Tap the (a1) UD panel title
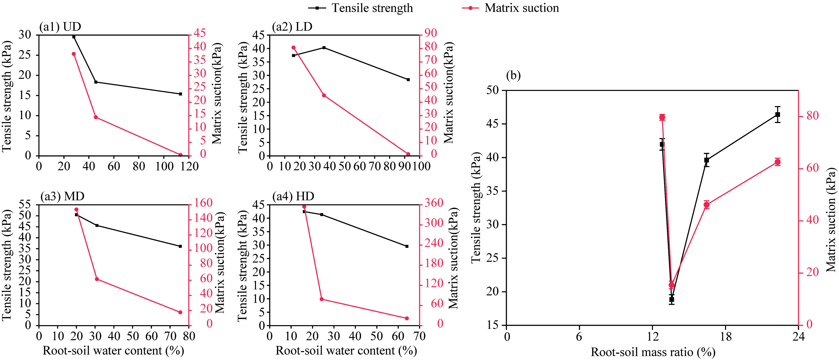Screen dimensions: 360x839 coord(60,27)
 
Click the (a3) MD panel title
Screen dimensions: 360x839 coord(62,196)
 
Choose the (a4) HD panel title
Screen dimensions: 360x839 coord(293,196)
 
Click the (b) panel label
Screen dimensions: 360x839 coord(514,76)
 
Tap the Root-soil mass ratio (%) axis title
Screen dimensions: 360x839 coord(653,352)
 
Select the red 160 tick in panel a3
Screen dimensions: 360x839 coord(203,203)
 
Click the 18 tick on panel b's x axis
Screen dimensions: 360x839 coord(726,336)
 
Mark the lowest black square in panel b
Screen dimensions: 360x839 coord(672,299)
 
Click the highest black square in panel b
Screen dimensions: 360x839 coord(778,115)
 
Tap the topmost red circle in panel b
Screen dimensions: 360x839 coord(662,117)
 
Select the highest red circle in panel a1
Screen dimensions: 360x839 coord(74,54)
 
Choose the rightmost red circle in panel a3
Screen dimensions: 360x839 coord(180,312)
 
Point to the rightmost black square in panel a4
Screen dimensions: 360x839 coord(407,246)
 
